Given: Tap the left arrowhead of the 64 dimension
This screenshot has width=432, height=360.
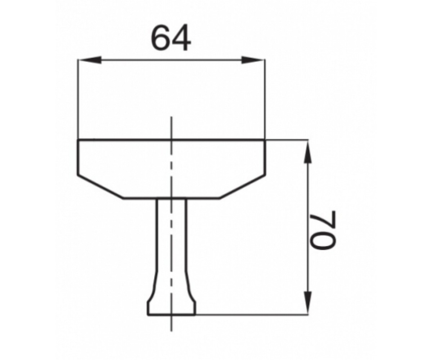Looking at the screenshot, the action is click(90, 60).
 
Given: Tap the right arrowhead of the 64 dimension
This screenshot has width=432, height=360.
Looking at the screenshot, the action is click(253, 60).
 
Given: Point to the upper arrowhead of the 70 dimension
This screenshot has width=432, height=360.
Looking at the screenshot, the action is click(308, 152).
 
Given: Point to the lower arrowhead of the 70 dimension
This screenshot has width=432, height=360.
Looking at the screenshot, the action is click(308, 303).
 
